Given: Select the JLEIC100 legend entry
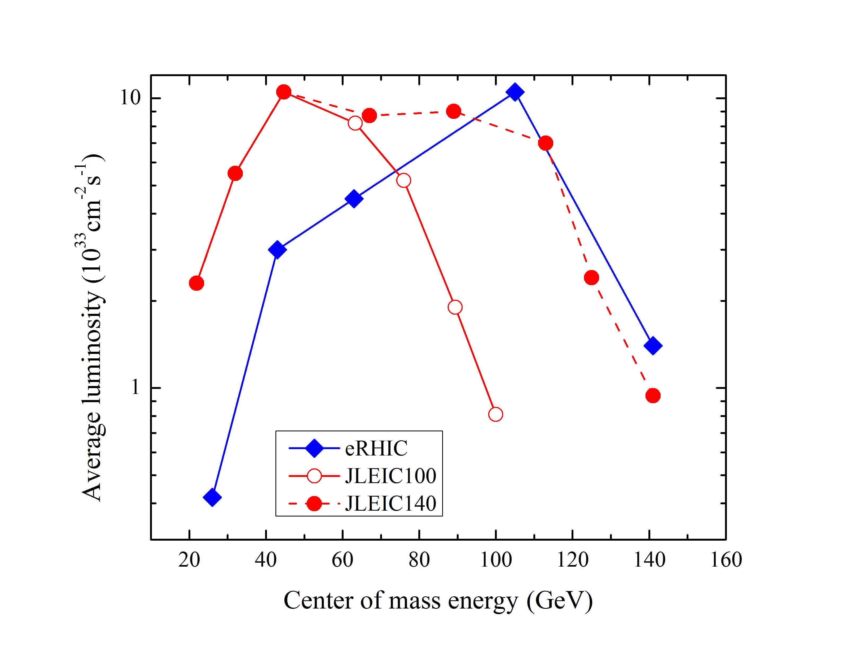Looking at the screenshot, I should pyautogui.click(x=390, y=476).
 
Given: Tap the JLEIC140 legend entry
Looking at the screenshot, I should pyautogui.click(x=390, y=503).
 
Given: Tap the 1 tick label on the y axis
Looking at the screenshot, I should pyautogui.click(x=135, y=387).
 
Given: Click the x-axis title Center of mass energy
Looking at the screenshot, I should pyautogui.click(x=438, y=600).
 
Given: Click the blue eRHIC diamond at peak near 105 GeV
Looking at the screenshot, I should pyautogui.click(x=515, y=92).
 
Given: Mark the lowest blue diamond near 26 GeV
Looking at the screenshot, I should pyautogui.click(x=212, y=497).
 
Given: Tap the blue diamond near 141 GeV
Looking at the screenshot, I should pyautogui.click(x=653, y=345).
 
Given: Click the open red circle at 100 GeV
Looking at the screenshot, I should pyautogui.click(x=495, y=414).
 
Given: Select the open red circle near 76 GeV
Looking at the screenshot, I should pyautogui.click(x=403, y=180).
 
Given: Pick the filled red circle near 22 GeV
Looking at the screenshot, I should pyautogui.click(x=197, y=283).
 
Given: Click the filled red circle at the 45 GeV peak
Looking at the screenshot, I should pyautogui.click(x=284, y=92).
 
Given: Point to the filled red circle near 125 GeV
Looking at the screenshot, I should pyautogui.click(x=591, y=277).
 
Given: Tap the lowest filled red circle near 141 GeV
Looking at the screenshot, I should pyautogui.click(x=653, y=396).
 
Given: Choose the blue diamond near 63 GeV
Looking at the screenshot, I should pyautogui.click(x=354, y=199).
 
